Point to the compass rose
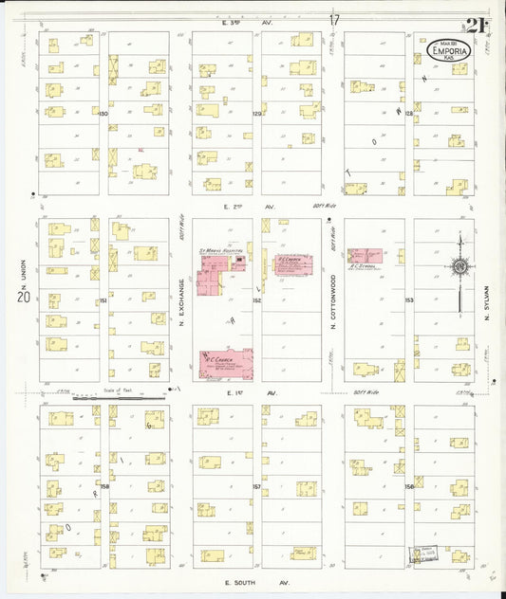pos(459,267)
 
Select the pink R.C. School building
pos(365,256)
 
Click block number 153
pos(409,300)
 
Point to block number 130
pos(103,114)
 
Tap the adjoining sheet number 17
pos(334,20)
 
